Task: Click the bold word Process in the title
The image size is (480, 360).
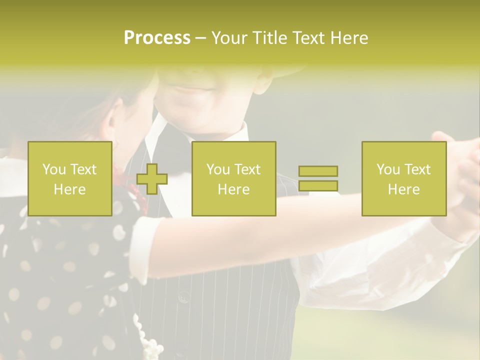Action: tap(157, 37)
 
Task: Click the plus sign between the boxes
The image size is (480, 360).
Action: tap(151, 179)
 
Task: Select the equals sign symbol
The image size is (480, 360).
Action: tap(318, 178)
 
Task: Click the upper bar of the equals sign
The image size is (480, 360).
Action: tap(318, 171)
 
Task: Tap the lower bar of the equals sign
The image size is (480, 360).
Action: tap(318, 185)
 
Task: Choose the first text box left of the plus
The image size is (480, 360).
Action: tap(69, 178)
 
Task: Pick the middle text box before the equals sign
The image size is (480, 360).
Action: tap(233, 178)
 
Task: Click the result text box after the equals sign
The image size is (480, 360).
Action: tap(403, 178)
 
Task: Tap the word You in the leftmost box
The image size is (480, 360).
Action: tap(53, 169)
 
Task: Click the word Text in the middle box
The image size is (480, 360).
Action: tap(247, 169)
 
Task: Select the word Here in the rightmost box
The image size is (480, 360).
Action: tap(403, 189)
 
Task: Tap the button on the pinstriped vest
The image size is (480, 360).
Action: tap(184, 297)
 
